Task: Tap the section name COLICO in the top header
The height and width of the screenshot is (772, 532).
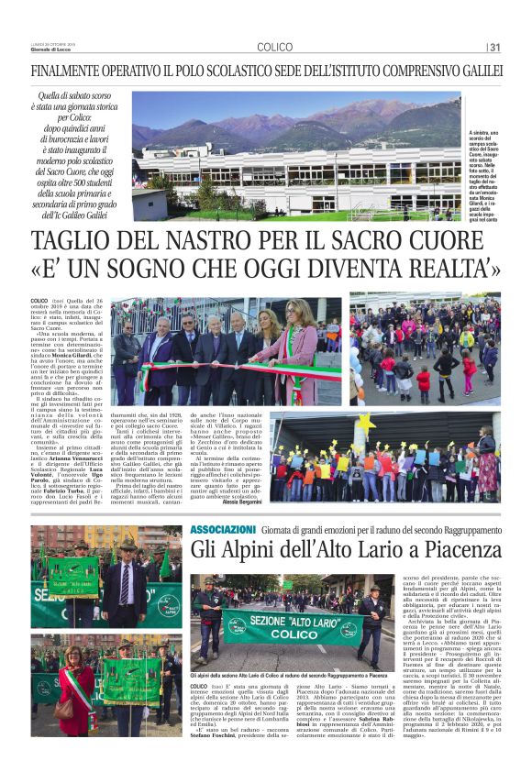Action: coord(275,47)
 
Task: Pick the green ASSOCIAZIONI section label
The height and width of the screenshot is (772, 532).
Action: coord(223,530)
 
